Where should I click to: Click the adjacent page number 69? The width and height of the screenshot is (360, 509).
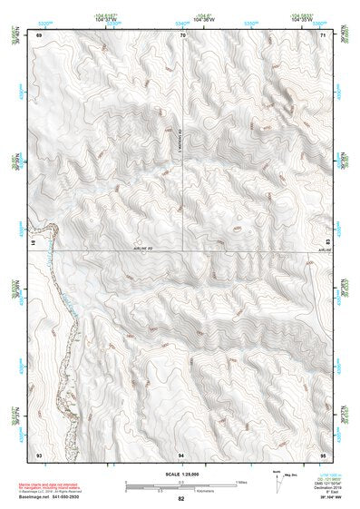39,35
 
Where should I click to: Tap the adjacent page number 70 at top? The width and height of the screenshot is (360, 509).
183,35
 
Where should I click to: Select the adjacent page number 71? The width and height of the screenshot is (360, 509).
325,35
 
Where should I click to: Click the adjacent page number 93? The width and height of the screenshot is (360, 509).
39,453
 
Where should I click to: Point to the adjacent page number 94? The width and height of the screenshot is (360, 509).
182,453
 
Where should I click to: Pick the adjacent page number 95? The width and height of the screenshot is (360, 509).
325,453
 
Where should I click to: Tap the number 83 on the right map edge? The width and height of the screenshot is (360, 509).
327,241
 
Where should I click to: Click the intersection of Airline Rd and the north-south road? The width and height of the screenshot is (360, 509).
184,250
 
